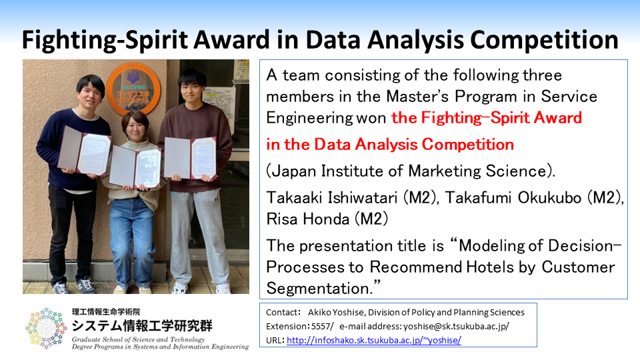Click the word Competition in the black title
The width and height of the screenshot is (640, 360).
click(544, 40)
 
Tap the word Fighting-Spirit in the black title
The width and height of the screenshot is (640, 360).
click(105, 40)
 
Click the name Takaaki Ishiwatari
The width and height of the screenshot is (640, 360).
click(331, 198)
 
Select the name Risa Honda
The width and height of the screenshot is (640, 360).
click(308, 219)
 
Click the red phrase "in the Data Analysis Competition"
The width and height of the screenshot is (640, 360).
click(390, 145)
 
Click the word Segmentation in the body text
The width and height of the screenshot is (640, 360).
click(317, 289)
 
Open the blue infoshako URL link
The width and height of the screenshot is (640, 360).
click(374, 340)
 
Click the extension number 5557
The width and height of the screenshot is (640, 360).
click(321, 327)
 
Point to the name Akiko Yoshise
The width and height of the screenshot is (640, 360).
click(335, 313)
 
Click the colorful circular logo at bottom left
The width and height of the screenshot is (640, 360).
click(46, 328)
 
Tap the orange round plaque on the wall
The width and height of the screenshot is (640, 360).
click(133, 89)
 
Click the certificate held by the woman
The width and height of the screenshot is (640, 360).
click(136, 167)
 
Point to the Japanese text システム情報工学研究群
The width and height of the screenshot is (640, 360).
click(142, 326)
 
